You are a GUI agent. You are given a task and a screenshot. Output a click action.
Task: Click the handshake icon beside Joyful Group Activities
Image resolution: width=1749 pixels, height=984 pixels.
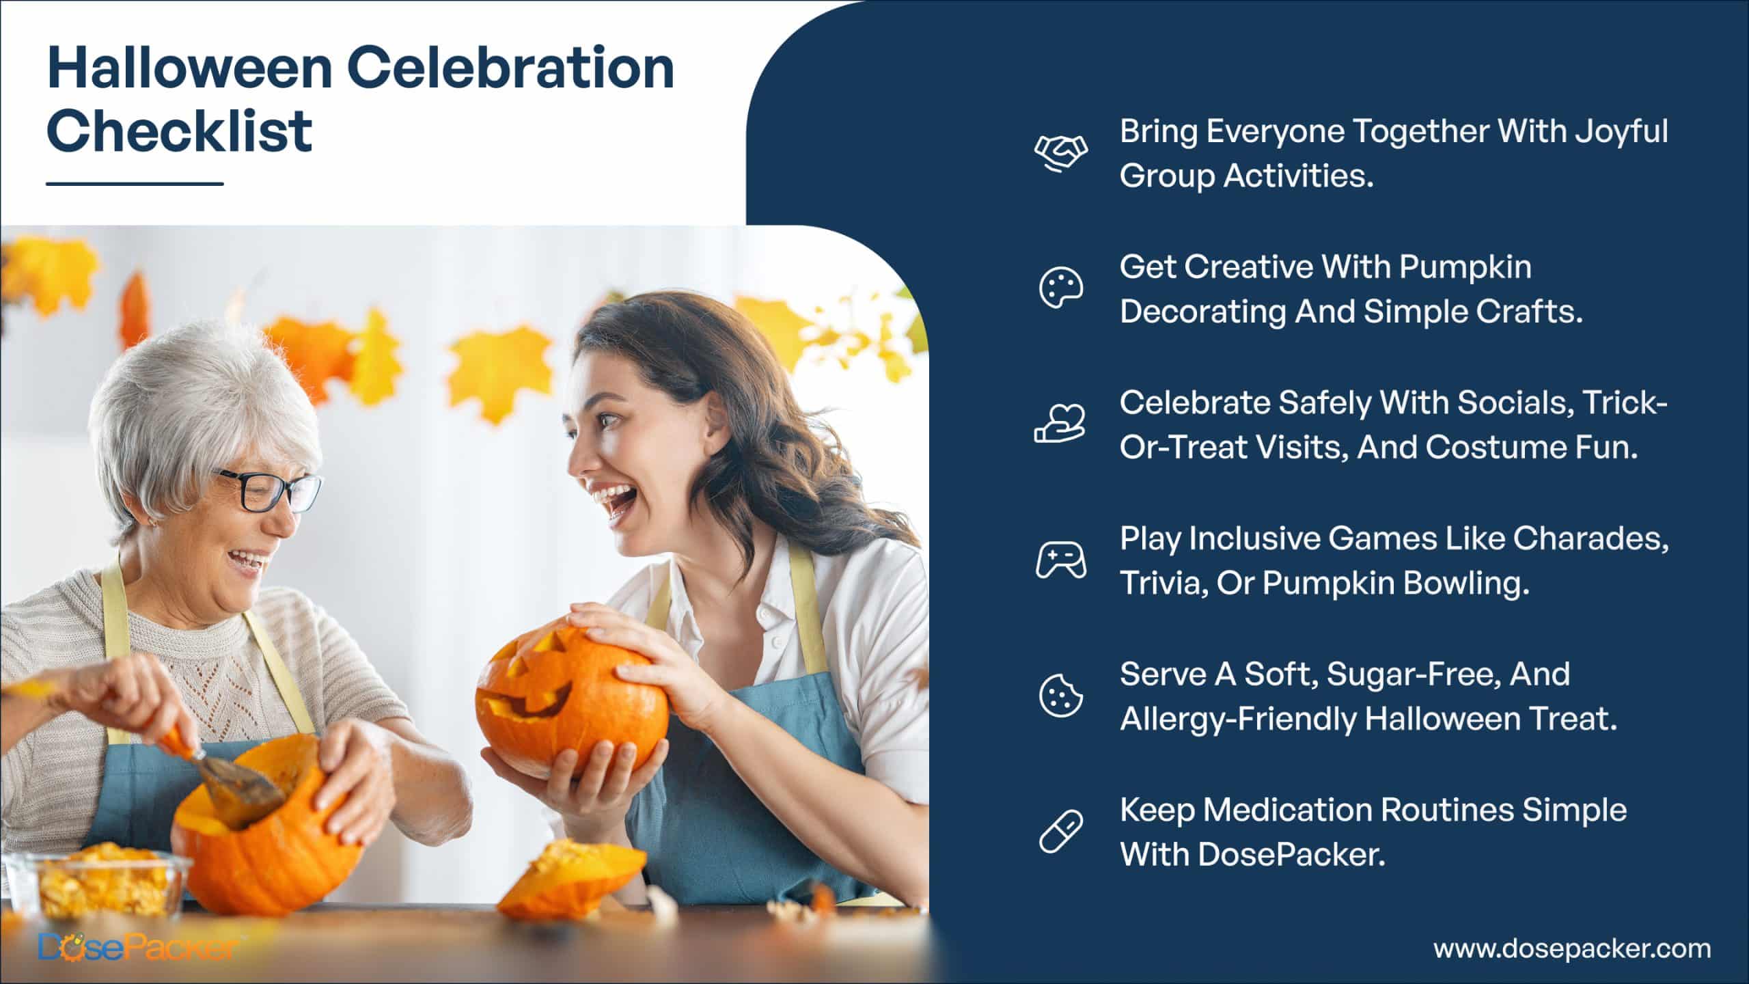pyautogui.click(x=1060, y=152)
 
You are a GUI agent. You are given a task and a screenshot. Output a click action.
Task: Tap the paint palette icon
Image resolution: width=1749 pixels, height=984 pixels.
pyautogui.click(x=1060, y=288)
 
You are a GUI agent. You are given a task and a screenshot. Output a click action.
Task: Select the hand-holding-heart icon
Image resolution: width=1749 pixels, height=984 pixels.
pyautogui.click(x=1060, y=424)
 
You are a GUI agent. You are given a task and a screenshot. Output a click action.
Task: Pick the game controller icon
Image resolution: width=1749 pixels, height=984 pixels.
pyautogui.click(x=1060, y=560)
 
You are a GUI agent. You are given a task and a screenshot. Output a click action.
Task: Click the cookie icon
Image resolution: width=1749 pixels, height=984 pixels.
pyautogui.click(x=1060, y=696)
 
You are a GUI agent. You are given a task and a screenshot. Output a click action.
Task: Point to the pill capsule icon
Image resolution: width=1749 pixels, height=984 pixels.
pyautogui.click(x=1060, y=832)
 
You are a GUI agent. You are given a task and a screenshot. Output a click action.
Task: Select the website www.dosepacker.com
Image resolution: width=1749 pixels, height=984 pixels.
pyautogui.click(x=1572, y=948)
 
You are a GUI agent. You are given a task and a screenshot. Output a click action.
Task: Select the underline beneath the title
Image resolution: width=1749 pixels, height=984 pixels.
pyautogui.click(x=135, y=183)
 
